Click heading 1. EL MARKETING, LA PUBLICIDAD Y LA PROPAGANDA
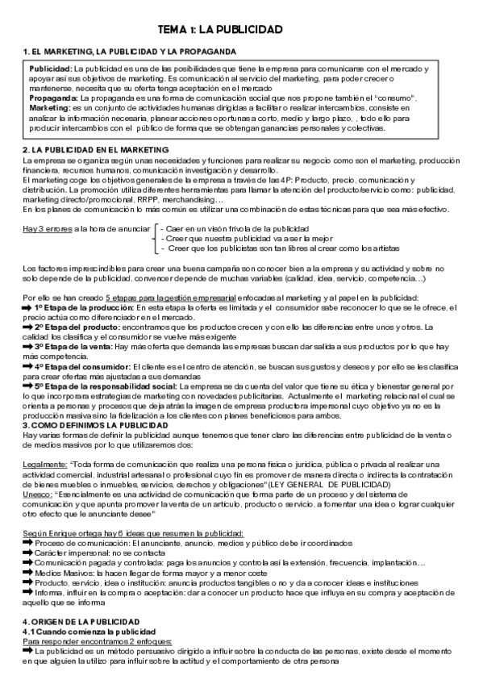click(129, 52)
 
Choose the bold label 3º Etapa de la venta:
click(74, 345)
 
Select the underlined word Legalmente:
click(44, 464)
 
